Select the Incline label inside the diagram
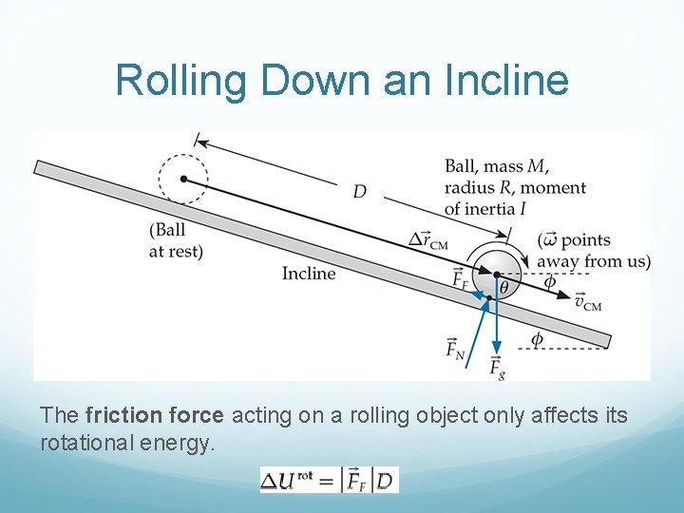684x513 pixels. tap(309, 274)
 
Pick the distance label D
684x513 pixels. tap(360, 192)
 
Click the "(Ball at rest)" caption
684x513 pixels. tap(176, 240)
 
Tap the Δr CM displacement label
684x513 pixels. tap(427, 240)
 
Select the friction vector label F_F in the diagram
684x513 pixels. tap(460, 279)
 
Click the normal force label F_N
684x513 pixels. tap(455, 349)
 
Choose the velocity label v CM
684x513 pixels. tap(588, 302)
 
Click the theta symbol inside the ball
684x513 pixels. tap(503, 285)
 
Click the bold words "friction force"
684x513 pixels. tap(141, 415)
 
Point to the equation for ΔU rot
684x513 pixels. tap(330, 480)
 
